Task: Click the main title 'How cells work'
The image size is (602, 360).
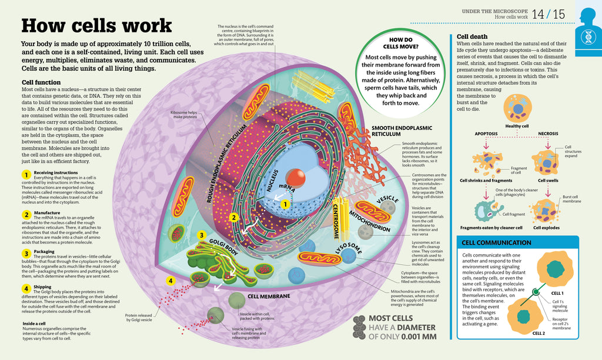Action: pyautogui.click(x=96, y=26)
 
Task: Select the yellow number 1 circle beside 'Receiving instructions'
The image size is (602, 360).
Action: pyautogui.click(x=26, y=175)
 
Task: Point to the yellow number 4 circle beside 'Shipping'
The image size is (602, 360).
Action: pyautogui.click(x=26, y=288)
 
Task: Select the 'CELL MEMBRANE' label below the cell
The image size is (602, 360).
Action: pyautogui.click(x=270, y=296)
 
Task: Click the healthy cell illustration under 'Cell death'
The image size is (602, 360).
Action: pyautogui.click(x=518, y=108)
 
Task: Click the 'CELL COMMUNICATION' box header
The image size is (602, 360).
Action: pyautogui.click(x=497, y=242)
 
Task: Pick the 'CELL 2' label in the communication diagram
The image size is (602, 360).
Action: pyautogui.click(x=539, y=333)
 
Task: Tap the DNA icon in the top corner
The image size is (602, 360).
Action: pyautogui.click(x=588, y=35)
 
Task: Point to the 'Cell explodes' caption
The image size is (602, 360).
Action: pyautogui.click(x=546, y=228)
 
